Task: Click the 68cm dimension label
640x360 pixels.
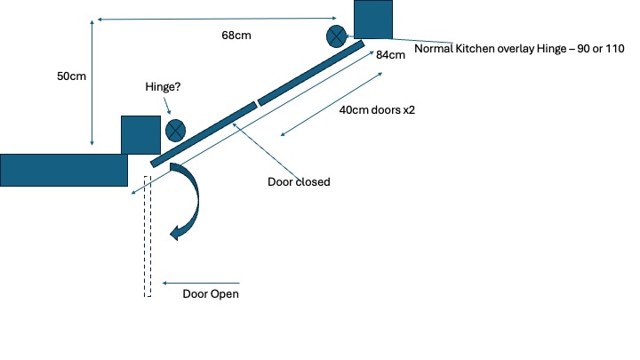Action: tap(235, 36)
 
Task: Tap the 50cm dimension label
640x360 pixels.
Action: tap(71, 76)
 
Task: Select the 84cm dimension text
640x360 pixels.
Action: tap(390, 55)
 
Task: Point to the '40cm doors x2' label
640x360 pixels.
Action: tap(378, 112)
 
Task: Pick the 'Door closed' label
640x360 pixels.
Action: tap(299, 182)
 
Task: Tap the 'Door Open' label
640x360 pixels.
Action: tap(211, 294)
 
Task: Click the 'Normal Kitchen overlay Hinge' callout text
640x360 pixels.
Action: tap(516, 49)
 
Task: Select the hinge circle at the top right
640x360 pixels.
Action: tap(337, 36)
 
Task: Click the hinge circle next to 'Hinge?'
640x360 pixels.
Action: tap(175, 131)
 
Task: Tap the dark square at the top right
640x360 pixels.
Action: tap(373, 19)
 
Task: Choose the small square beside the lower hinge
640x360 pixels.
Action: tap(140, 134)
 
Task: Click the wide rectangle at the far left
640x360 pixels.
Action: tap(63, 170)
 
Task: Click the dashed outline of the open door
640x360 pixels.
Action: tap(148, 236)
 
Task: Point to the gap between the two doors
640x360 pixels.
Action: tap(257, 103)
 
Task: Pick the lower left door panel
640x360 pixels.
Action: tap(203, 134)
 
